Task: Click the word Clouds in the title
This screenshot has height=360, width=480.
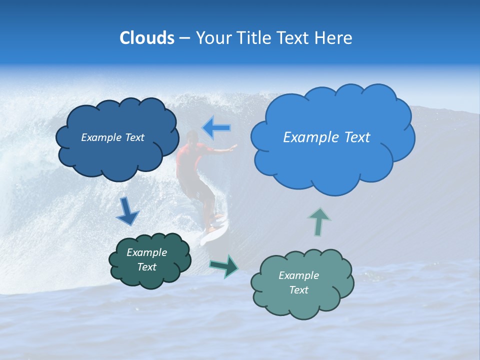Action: pos(146,38)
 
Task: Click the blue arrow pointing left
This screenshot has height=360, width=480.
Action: pos(217,128)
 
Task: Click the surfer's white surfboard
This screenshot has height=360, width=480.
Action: pos(213,232)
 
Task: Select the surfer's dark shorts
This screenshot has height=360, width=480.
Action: pos(197,187)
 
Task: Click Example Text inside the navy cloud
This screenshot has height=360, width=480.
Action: pos(112,137)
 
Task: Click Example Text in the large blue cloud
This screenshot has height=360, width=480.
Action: pos(326,137)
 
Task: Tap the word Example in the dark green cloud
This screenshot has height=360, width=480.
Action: pos(146,252)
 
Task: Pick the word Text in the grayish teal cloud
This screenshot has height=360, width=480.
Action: pos(298,290)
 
